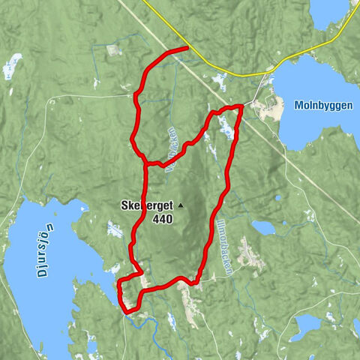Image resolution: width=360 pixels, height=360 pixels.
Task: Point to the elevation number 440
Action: tap(161, 219)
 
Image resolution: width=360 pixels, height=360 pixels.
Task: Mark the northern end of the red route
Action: tap(185, 49)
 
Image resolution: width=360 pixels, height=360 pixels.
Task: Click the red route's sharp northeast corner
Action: tap(241, 106)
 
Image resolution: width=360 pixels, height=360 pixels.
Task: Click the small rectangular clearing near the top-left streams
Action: tap(114, 50)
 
